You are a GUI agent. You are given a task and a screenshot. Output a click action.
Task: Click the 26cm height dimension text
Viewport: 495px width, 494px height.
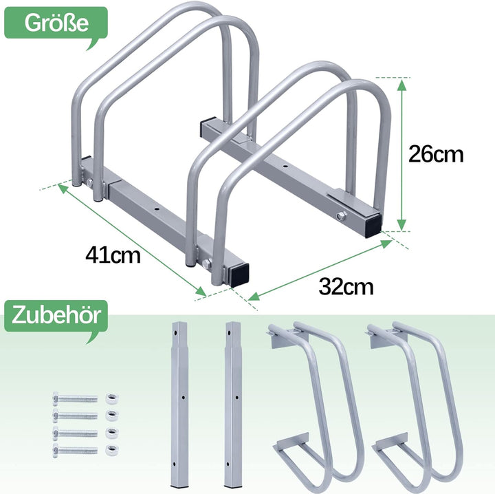tap(436, 154)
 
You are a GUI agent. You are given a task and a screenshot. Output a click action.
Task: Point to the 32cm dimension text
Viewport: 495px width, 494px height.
tap(346, 286)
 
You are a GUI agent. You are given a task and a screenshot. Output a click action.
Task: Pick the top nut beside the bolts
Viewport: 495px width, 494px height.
tap(111, 398)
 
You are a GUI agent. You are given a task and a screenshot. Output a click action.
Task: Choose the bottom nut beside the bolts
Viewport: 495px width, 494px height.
tap(111, 451)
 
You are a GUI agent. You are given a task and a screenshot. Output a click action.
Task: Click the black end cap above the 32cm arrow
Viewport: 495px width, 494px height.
tap(241, 274)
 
